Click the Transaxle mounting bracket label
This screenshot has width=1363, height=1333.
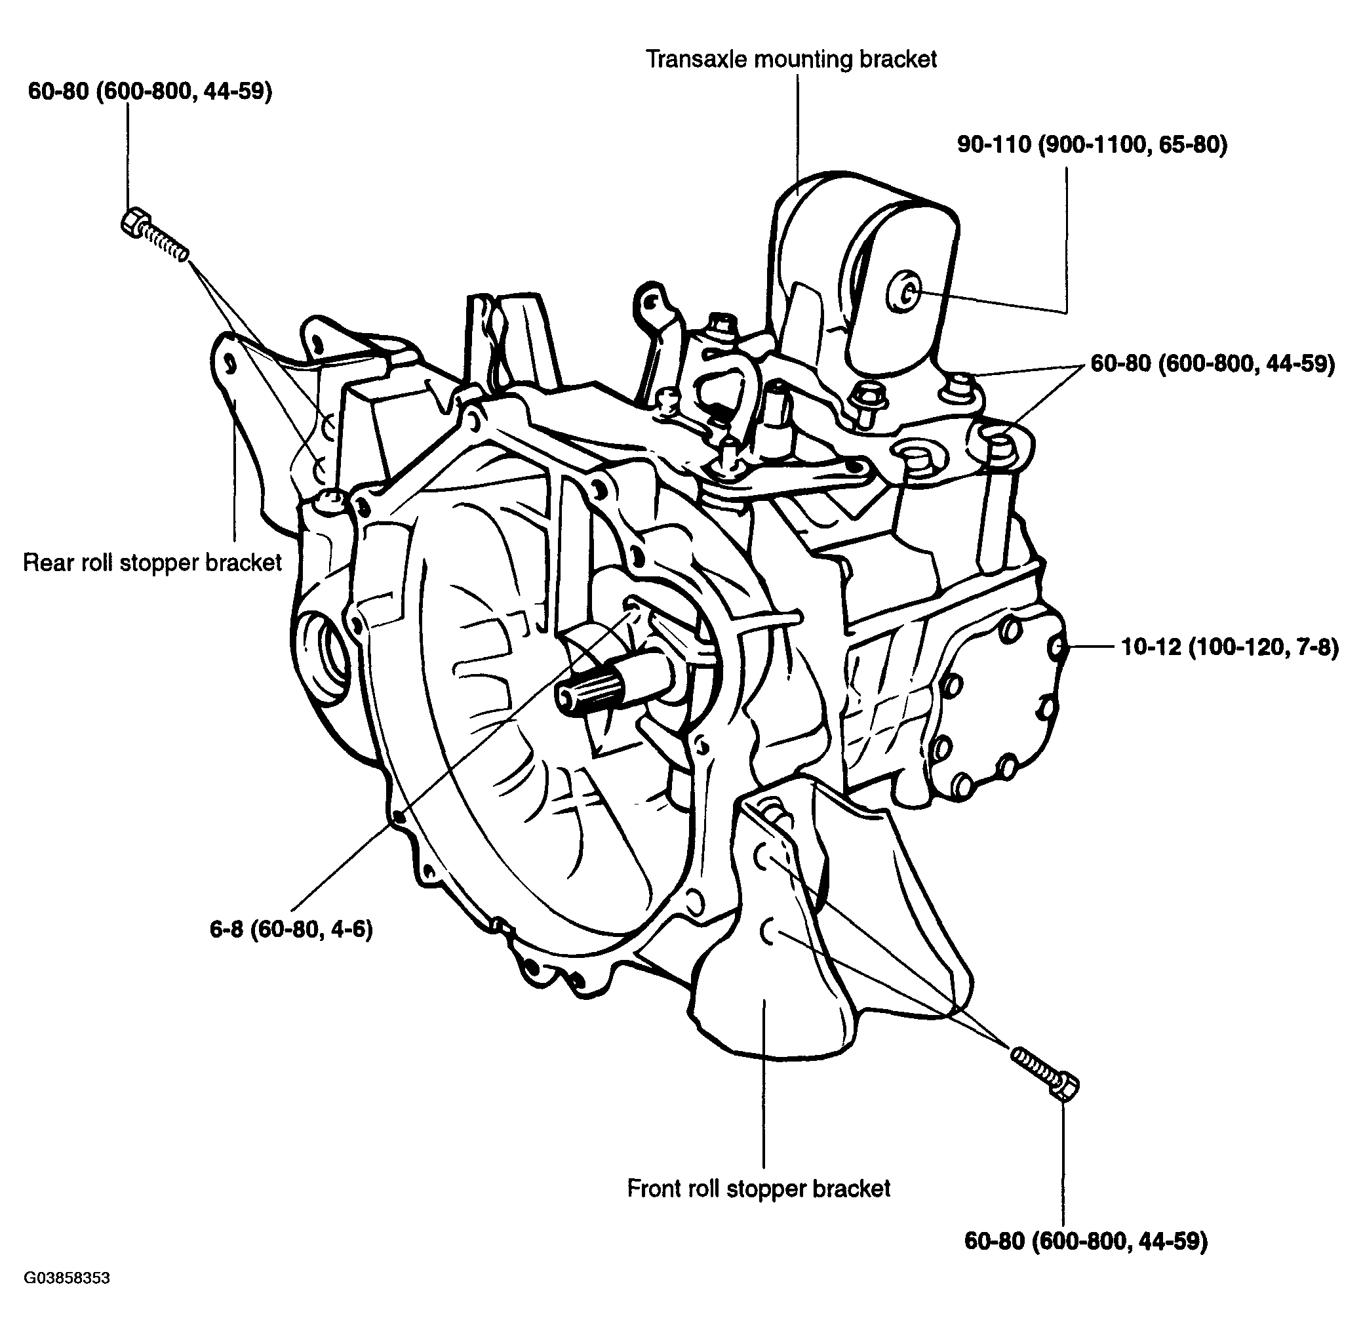click(x=791, y=60)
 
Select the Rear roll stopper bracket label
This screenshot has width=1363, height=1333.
click(x=152, y=562)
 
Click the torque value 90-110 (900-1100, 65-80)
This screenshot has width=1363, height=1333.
click(x=1092, y=145)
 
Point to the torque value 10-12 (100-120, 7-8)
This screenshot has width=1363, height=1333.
click(x=1230, y=648)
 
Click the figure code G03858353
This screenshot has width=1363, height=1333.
click(x=68, y=1278)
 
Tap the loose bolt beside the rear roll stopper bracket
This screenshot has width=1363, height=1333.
click(x=154, y=234)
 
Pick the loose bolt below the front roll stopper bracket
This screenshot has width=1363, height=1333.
click(x=1044, y=1072)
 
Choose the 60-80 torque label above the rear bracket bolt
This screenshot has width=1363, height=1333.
click(x=150, y=91)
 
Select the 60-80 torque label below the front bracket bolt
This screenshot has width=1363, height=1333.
click(x=1086, y=1241)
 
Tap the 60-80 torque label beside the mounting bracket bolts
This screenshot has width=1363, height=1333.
click(x=1212, y=364)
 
